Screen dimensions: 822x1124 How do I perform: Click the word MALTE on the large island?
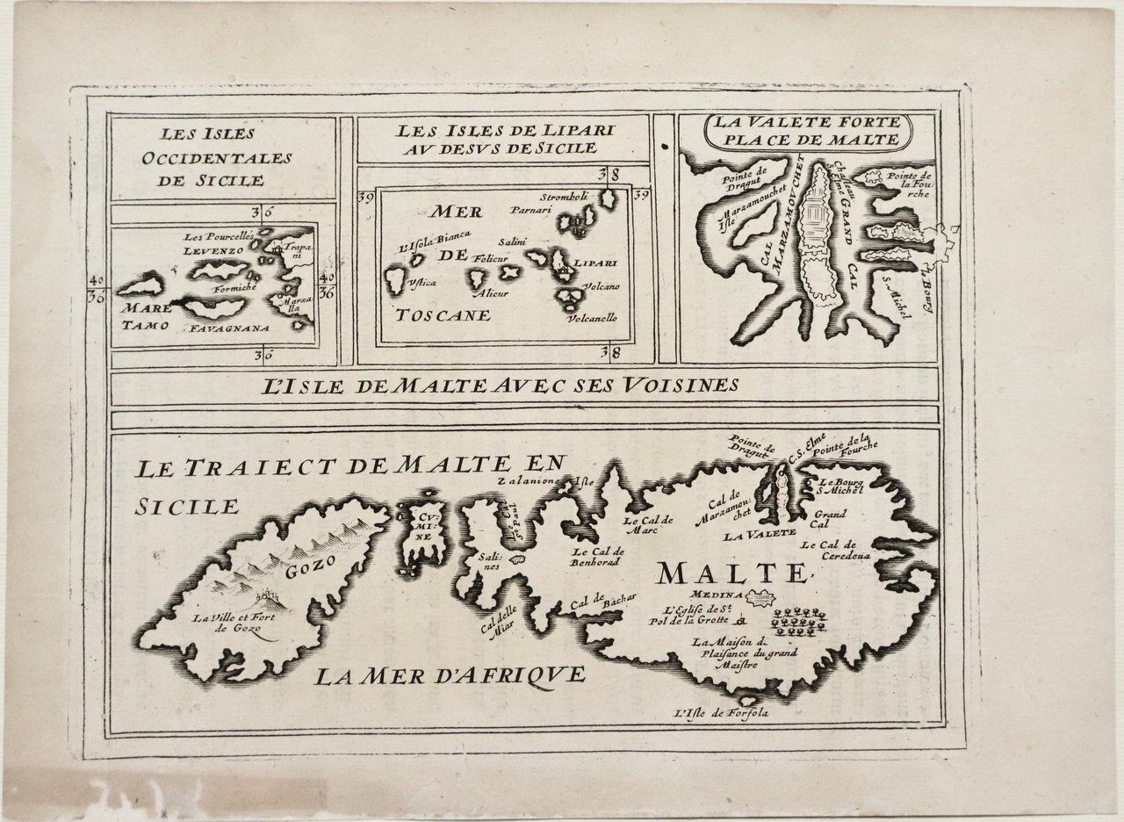click(731, 573)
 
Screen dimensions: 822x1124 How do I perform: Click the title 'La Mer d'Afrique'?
click(450, 675)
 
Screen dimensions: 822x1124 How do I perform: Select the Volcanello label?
click(592, 317)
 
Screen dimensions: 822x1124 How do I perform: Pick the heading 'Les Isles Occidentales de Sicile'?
click(213, 157)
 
